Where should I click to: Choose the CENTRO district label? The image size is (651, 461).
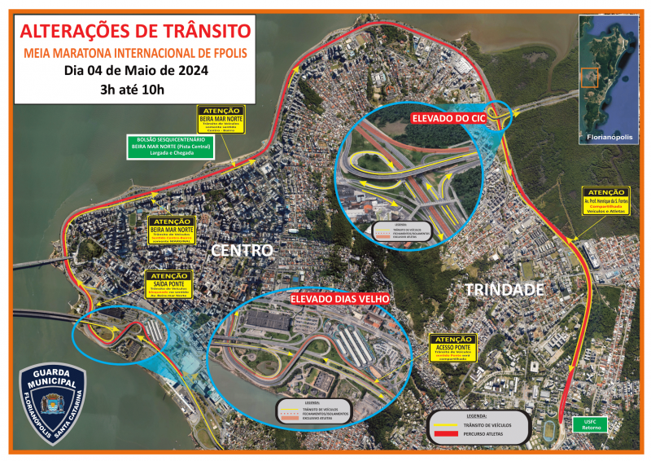click(x=242, y=249)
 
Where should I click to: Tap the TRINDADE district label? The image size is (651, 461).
click(x=504, y=289)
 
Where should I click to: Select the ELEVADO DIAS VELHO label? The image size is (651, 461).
click(x=341, y=299)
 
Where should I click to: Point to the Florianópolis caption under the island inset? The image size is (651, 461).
click(x=609, y=138)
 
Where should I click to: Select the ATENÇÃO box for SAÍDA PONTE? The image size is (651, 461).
click(x=168, y=283)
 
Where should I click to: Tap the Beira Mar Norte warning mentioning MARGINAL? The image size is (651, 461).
click(x=172, y=231)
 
